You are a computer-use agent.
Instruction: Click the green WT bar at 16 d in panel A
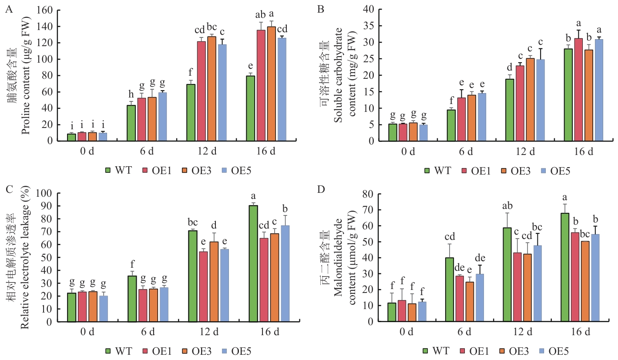click(250, 108)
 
